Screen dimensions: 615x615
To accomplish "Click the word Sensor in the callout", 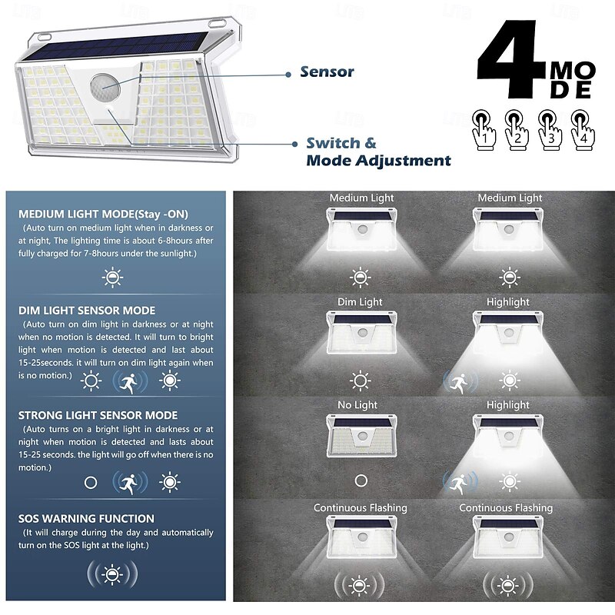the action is tap(327, 71).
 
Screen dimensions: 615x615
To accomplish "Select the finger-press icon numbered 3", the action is tap(550, 130).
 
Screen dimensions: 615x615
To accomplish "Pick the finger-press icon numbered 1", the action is tap(484, 130).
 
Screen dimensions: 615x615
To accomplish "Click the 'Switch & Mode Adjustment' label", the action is tap(378, 151).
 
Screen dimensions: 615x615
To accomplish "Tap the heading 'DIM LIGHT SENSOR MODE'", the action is tap(87, 311).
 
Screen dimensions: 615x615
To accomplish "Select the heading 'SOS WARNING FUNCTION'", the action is tap(86, 519).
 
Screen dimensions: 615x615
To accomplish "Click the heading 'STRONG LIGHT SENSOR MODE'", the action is tap(98, 415).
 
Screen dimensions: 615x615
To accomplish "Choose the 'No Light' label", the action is tap(357, 405).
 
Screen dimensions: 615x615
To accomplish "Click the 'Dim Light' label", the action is tap(360, 302).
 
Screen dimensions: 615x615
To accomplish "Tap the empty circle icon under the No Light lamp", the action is tap(361, 481).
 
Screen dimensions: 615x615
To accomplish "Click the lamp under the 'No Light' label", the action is tap(361, 436).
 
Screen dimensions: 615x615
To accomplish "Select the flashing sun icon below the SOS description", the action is tap(112, 574).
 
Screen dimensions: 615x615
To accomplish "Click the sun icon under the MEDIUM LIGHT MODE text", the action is tap(112, 278).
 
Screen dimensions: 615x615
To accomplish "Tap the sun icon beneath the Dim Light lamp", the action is tap(360, 381).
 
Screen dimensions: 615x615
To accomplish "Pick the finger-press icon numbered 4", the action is tap(583, 130).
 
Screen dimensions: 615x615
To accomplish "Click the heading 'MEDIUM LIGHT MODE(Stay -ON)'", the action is tap(103, 214).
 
